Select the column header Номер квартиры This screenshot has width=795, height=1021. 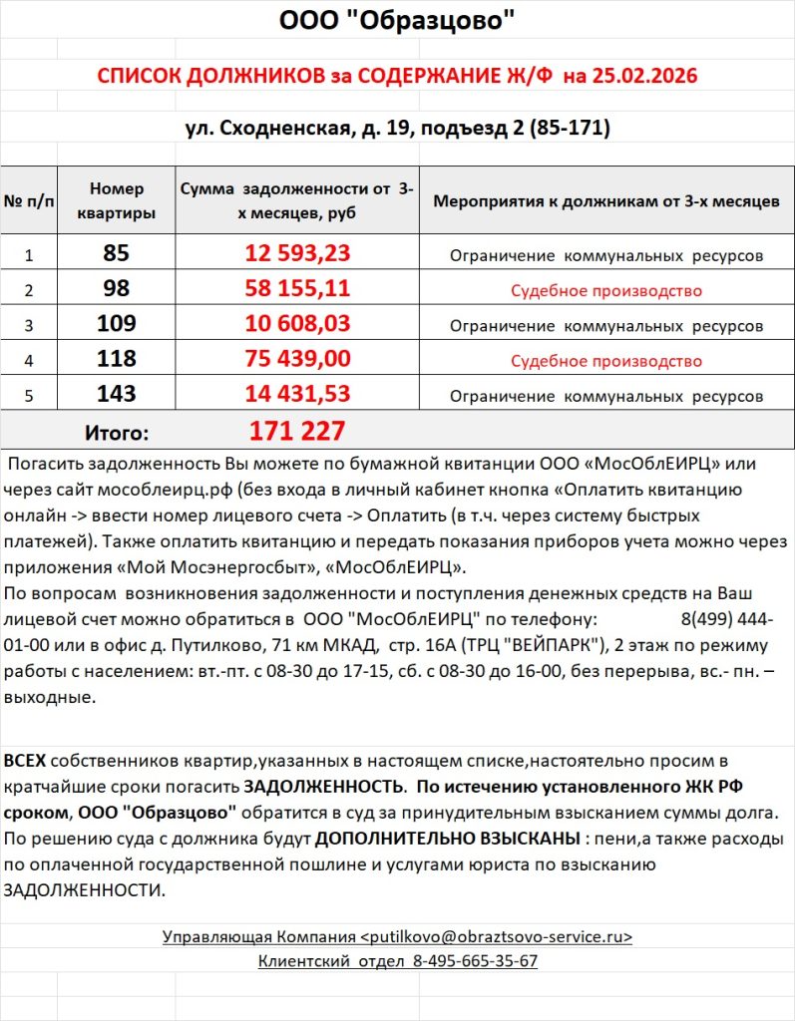(x=116, y=201)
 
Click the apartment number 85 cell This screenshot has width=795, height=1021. (x=116, y=254)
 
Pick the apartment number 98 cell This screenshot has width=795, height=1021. (x=116, y=290)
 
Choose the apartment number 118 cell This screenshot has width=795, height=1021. (x=116, y=360)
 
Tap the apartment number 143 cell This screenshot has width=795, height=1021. (x=116, y=395)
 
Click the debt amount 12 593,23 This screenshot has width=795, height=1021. (x=297, y=254)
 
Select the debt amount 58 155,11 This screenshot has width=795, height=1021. (x=297, y=290)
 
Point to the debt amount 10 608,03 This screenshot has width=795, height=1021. (x=297, y=325)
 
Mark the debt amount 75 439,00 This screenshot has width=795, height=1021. (x=297, y=360)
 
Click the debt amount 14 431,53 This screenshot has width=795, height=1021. (x=297, y=395)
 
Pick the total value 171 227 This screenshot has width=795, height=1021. (x=297, y=431)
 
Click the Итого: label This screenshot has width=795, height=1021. (x=116, y=433)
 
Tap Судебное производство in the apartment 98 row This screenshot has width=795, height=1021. (x=605, y=291)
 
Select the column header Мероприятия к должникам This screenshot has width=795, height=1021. (x=605, y=201)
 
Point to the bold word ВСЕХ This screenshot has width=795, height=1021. (x=24, y=761)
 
